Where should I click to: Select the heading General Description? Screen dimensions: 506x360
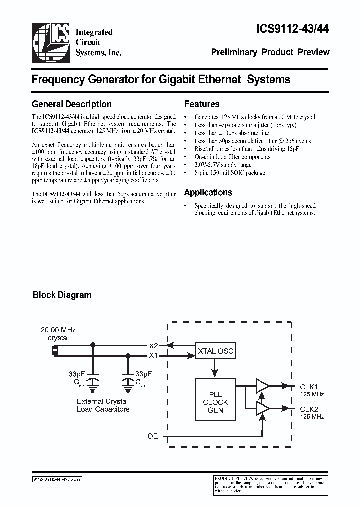(x=71, y=104)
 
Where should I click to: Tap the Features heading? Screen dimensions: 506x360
(x=202, y=104)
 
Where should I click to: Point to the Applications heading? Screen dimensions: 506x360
(x=208, y=193)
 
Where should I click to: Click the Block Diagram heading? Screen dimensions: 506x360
(x=62, y=295)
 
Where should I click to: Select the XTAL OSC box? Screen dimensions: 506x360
(x=215, y=351)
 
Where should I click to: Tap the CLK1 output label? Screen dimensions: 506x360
(x=309, y=386)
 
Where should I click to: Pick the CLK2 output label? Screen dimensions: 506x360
(x=309, y=409)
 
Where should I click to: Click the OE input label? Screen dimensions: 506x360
(x=152, y=436)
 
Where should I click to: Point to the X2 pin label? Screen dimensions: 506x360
(x=153, y=345)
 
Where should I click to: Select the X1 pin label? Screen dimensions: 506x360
(x=153, y=355)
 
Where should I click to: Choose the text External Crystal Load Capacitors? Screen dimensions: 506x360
(x=103, y=405)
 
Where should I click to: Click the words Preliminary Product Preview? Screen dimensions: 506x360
(x=270, y=52)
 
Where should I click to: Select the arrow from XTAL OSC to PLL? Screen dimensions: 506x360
(x=215, y=370)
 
